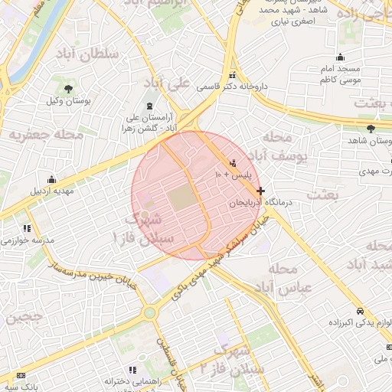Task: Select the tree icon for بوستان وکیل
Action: [x=68, y=89]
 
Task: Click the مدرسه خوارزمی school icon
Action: [x=28, y=227]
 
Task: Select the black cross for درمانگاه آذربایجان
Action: [x=261, y=191]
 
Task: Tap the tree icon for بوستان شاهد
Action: [x=371, y=129]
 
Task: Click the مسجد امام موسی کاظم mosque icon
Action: [x=340, y=57]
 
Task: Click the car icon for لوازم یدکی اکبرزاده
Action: [x=360, y=312]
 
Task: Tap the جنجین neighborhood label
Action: [x=25, y=317]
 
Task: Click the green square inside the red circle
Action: [x=181, y=198]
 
